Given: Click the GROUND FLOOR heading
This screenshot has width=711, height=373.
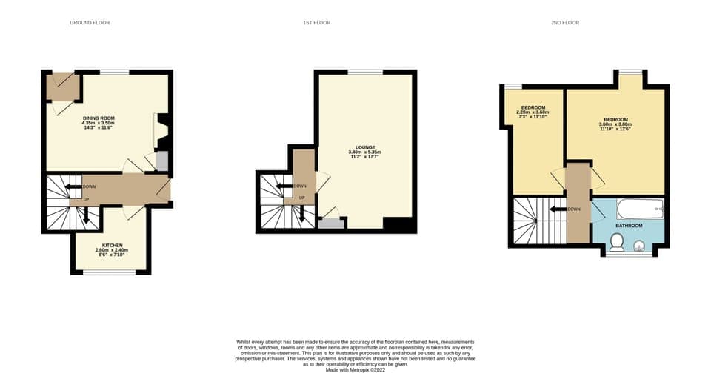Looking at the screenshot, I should point(90,23).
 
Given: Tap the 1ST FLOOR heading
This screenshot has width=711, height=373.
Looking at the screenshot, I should point(316,23).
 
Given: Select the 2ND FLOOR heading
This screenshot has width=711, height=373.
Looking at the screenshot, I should point(565,23).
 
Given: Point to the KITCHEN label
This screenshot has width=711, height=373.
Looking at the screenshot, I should point(112,245).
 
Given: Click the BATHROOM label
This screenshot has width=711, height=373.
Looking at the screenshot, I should point(631,225).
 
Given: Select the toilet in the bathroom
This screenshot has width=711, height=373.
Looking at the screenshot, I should point(617,241).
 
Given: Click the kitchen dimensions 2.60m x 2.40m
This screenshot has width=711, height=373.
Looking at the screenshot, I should point(112,250).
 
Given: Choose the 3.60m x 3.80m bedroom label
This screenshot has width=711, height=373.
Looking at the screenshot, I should point(615,124).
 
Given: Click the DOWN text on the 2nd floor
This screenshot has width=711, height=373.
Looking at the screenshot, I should point(575,209).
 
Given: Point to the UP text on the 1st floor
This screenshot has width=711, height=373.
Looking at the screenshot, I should point(302,198).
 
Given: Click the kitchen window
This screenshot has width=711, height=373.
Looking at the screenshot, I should point(109,272).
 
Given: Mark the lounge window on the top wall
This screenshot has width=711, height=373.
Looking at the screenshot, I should point(365,71).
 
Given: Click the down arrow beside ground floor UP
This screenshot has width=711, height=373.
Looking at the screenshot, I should point(86,215).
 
